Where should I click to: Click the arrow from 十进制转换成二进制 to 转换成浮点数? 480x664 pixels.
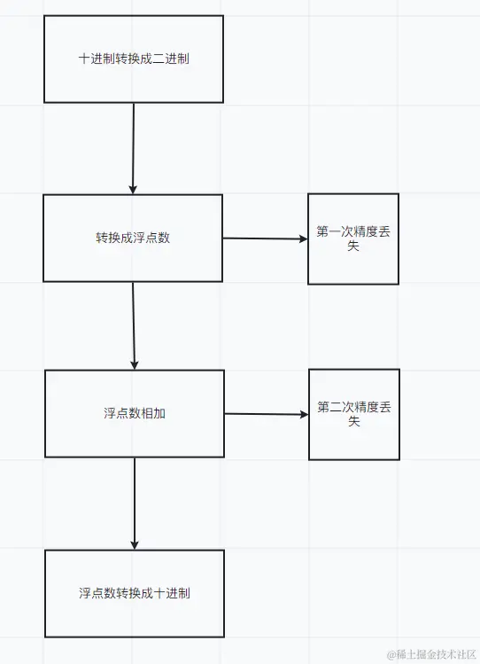click(133, 146)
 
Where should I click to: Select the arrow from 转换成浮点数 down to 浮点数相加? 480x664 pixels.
click(134, 324)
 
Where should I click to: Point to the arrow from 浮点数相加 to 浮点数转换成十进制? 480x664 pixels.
click(135, 501)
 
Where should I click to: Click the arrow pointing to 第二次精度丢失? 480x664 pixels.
click(266, 414)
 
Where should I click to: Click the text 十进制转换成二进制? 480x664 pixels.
click(133, 59)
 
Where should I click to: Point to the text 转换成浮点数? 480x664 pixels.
click(133, 238)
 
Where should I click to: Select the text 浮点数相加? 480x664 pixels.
click(135, 414)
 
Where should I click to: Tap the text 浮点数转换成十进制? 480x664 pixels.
click(134, 593)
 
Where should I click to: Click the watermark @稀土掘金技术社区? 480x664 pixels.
click(431, 653)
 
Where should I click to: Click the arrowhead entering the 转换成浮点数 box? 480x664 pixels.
click(133, 189)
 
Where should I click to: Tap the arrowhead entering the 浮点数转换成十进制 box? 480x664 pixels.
click(135, 544)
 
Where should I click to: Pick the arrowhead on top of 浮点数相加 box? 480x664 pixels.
click(135, 364)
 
